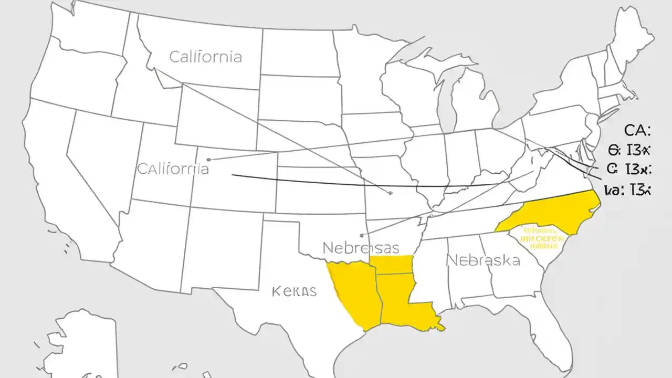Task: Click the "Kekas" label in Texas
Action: point(295,291)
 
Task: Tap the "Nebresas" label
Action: point(360,247)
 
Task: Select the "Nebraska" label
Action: point(482,260)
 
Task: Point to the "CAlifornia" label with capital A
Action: point(173,169)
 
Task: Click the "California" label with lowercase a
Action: point(205,57)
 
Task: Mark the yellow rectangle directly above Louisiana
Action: point(391,265)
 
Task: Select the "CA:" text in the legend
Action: point(637,130)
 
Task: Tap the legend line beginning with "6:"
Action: point(629,151)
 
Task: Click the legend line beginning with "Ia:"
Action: point(627,191)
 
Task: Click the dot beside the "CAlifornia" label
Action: point(209,159)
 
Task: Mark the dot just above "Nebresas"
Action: point(362,235)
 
